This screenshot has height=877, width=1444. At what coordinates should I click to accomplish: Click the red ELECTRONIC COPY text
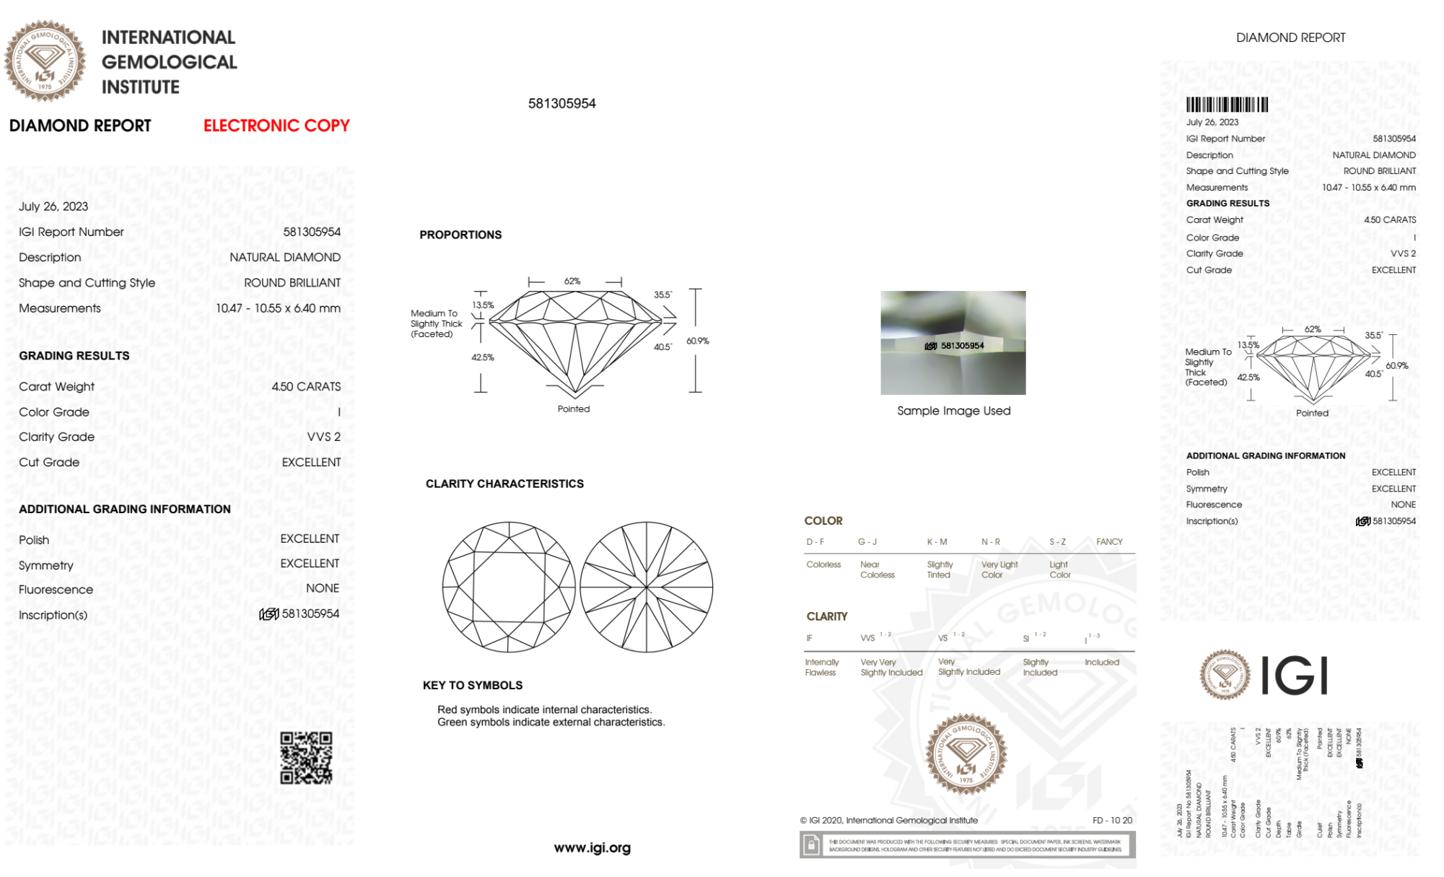276,126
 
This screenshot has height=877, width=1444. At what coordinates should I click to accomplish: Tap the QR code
306,757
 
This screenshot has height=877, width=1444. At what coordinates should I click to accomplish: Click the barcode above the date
1227,105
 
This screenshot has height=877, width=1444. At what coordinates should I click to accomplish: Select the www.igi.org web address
592,847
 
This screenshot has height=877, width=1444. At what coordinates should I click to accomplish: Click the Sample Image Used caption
953,411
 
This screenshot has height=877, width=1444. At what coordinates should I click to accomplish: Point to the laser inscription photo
953,342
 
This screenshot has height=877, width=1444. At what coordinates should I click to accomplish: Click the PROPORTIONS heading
460,235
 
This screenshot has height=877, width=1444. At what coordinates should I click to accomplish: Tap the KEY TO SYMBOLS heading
473,685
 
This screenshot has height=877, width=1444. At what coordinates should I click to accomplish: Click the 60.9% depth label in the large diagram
697,341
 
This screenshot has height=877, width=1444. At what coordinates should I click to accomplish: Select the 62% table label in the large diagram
572,281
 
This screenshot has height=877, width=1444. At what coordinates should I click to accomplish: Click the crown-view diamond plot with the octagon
509,587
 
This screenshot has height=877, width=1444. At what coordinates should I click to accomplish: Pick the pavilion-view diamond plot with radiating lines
647,587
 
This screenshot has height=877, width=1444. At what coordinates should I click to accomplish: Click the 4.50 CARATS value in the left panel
306,387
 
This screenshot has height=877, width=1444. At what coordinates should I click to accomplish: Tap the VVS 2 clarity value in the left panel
324,437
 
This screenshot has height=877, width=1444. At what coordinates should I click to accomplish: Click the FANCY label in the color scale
1109,541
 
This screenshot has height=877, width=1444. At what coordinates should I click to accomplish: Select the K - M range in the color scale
937,541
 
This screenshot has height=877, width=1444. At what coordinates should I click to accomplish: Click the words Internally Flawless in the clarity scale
821,667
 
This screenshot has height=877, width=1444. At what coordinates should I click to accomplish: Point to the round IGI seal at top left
45,61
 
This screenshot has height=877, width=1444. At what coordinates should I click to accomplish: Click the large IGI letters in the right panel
1295,676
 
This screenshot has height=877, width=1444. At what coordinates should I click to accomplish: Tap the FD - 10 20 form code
1112,820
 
